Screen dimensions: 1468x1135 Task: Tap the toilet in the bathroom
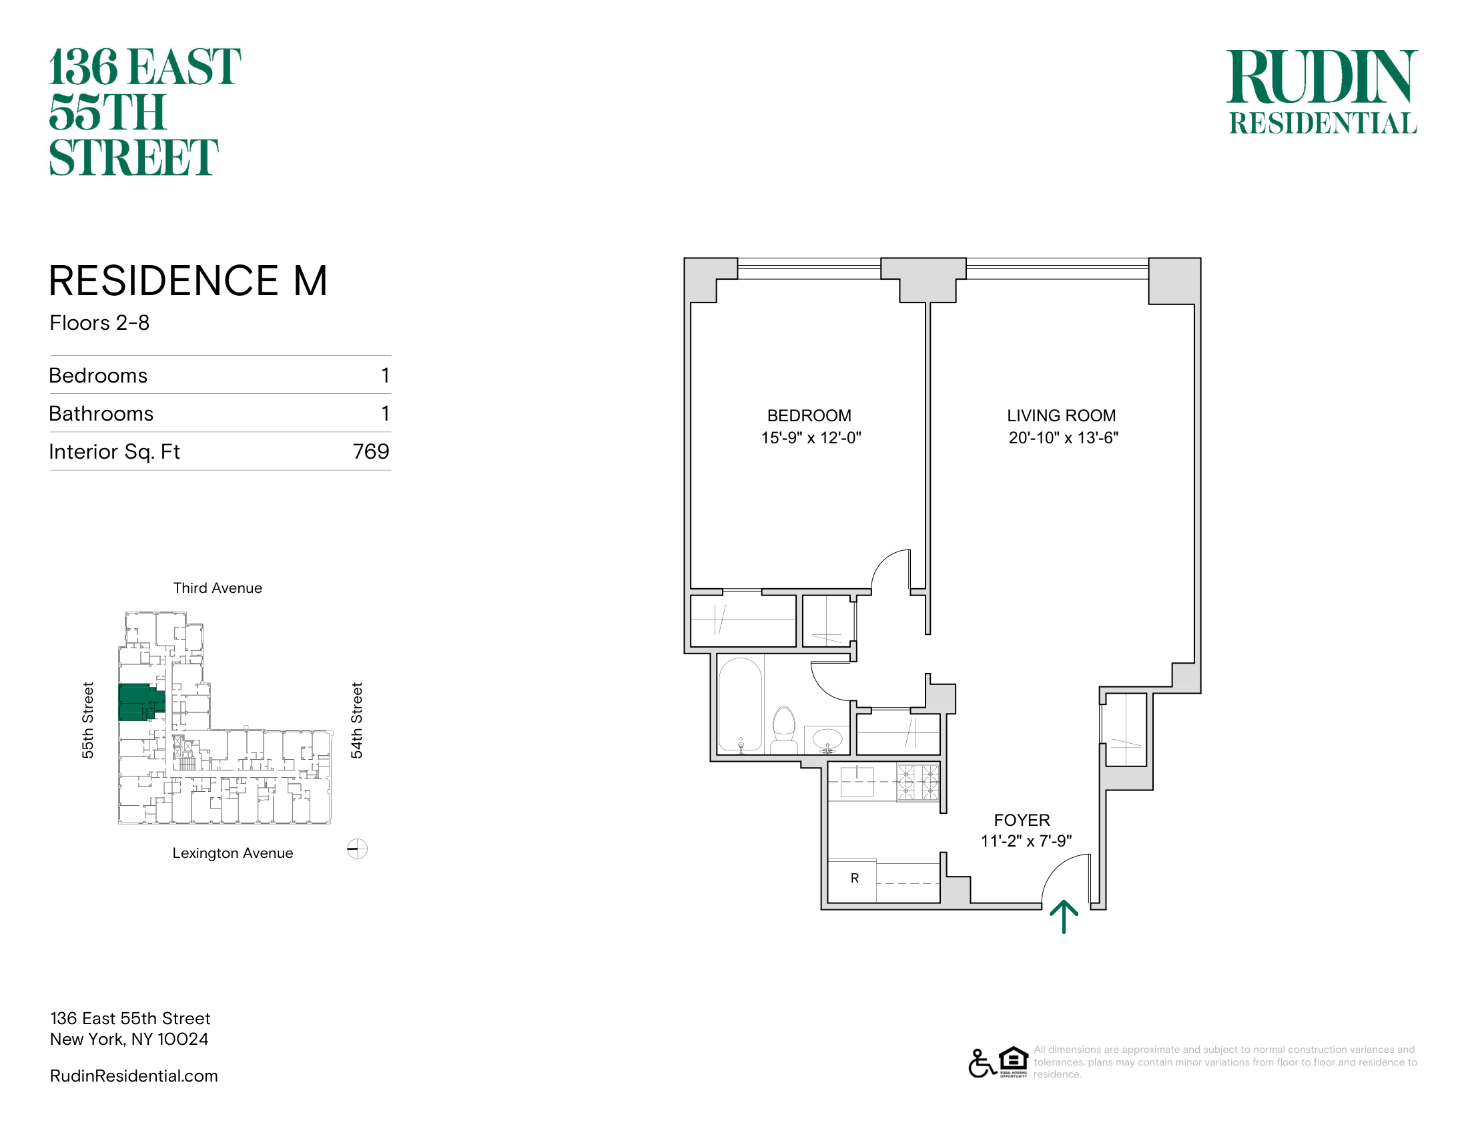pos(784,729)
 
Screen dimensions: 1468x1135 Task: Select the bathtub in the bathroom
pos(740,704)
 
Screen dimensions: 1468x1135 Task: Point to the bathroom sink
pos(827,740)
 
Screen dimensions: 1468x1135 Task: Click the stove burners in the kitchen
pos(918,782)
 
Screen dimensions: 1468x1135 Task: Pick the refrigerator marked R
pos(851,880)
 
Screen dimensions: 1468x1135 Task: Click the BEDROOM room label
pos(809,415)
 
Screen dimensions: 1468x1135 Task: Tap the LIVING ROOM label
pos(1062,415)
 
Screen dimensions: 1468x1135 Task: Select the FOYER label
pos(1022,821)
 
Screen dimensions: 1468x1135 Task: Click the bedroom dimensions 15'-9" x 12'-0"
pos(811,438)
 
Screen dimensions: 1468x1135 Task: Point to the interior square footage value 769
pos(371,451)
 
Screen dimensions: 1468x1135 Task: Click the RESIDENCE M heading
pos(188,280)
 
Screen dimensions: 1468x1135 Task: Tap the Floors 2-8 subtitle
pos(99,322)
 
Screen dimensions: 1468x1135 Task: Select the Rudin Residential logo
pos(1322,91)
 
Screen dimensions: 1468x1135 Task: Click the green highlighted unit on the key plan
pos(140,702)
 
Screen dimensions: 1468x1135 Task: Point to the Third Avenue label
pos(218,588)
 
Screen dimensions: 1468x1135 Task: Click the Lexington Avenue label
pos(233,853)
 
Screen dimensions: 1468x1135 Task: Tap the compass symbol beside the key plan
pos(357,849)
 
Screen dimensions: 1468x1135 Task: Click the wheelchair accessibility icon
pos(982,1063)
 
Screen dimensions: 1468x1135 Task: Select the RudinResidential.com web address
pos(133,1076)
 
